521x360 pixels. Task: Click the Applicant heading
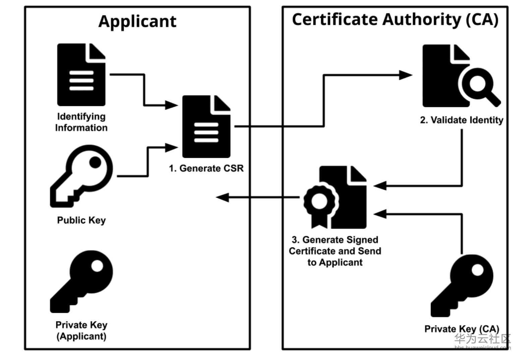tap(137, 22)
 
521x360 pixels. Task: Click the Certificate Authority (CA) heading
tap(395, 19)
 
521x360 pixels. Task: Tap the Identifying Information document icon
tap(81, 75)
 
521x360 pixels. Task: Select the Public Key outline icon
tap(81, 176)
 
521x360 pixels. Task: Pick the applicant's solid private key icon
tap(81, 281)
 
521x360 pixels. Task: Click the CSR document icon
tap(206, 127)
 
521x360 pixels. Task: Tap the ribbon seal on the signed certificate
tap(320, 202)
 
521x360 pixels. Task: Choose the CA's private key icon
tap(462, 285)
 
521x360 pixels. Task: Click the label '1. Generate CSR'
tap(206, 168)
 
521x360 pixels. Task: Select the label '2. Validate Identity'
tap(461, 120)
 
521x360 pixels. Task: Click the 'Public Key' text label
tap(81, 220)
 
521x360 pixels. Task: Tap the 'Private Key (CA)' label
tap(462, 329)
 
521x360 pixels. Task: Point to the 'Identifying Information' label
tap(81, 122)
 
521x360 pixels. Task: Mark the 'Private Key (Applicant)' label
tap(81, 331)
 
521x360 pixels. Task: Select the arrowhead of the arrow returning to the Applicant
tap(222, 197)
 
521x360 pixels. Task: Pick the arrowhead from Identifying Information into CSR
tap(171, 105)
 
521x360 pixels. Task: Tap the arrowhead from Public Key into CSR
tap(171, 147)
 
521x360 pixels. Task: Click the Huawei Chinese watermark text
tap(482, 339)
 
